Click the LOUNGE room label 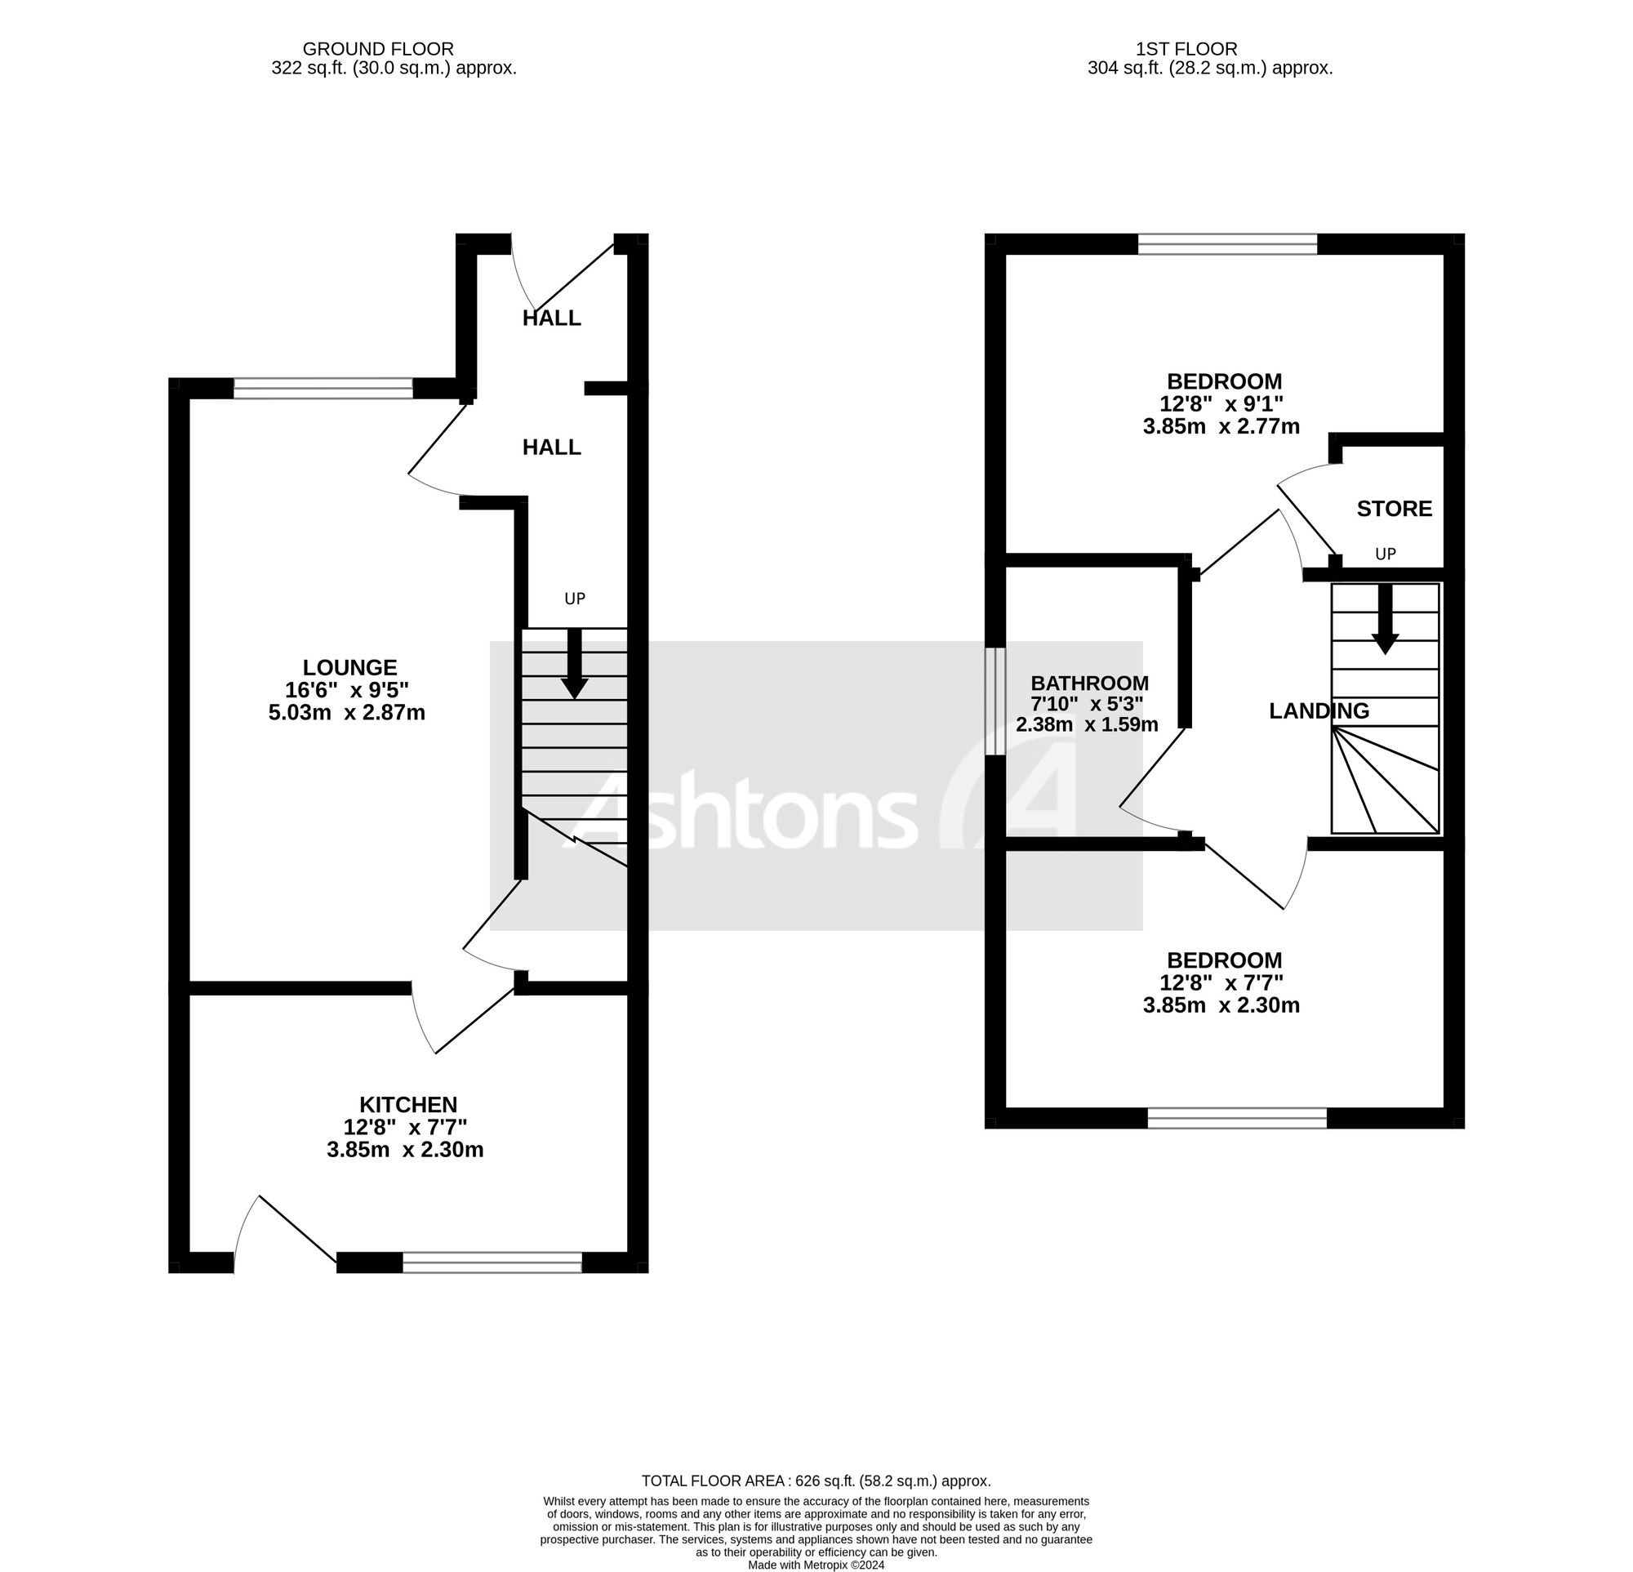pos(349,667)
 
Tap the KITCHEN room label pos(408,1105)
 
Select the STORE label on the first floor pos(1394,508)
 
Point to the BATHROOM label pos(1089,684)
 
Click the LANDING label pos(1318,710)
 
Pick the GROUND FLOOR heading pos(377,49)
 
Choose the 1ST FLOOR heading pos(1210,49)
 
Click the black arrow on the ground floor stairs pos(574,663)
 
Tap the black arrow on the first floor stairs pos(1385,619)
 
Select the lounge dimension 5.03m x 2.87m pos(346,712)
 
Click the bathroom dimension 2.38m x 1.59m pos(1087,724)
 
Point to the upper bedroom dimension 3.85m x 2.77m pos(1221,426)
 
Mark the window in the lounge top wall pos(323,388)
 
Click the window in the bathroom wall pos(994,701)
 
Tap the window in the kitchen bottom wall pos(492,1262)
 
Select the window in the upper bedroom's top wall pos(1227,244)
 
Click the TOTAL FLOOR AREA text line pos(816,1481)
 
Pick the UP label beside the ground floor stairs pos(574,598)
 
